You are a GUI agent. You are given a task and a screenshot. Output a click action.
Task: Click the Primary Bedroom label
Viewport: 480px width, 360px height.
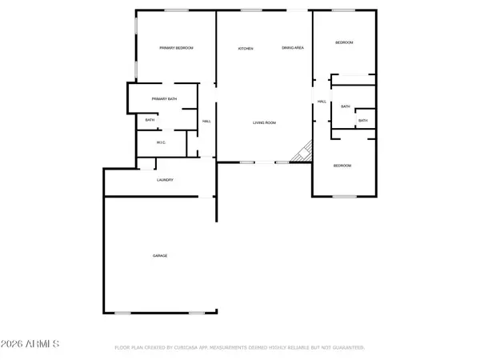[176, 49]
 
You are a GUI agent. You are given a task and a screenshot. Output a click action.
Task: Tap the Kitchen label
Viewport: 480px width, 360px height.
[246, 50]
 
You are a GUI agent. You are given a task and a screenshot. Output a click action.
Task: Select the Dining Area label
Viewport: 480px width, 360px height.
[292, 49]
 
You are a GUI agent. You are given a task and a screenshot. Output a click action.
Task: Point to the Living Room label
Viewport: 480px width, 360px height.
[264, 122]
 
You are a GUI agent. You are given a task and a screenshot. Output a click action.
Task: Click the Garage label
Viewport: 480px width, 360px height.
[160, 255]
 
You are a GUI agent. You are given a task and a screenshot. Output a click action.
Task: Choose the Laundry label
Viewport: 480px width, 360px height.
[165, 180]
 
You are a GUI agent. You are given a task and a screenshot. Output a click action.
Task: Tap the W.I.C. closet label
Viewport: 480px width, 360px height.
[161, 143]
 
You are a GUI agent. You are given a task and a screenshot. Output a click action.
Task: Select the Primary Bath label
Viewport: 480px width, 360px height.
[165, 99]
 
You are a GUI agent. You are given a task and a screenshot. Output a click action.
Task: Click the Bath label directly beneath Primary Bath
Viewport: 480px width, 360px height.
[150, 121]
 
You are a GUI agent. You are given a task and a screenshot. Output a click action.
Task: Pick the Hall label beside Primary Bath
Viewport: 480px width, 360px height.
[206, 121]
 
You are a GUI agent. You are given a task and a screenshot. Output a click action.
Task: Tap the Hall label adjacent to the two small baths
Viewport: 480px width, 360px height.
[322, 102]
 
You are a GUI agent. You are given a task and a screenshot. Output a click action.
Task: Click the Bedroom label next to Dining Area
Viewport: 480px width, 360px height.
[344, 42]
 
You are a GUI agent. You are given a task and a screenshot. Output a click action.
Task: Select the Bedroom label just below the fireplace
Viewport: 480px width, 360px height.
[342, 165]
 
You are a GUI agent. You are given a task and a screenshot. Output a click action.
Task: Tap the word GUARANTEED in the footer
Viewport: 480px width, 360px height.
[348, 348]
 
